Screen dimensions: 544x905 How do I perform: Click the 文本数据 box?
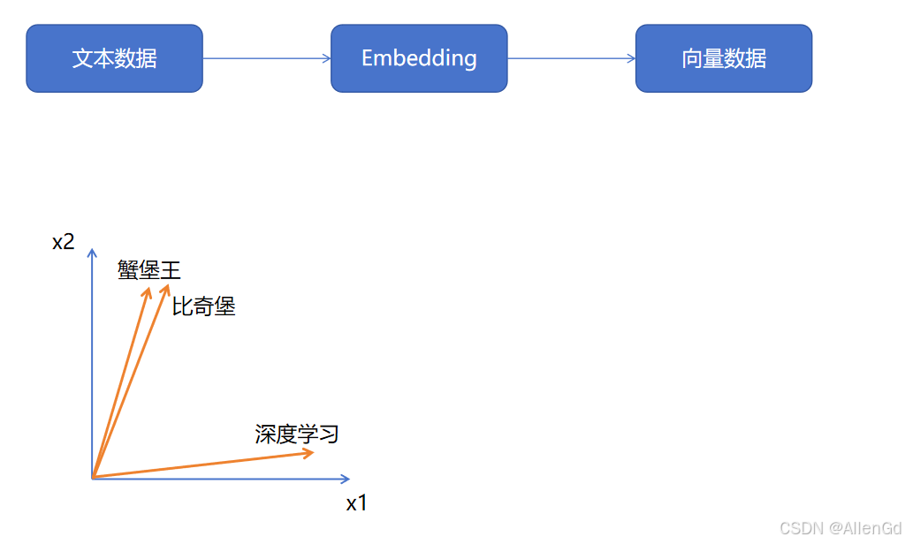coord(114,58)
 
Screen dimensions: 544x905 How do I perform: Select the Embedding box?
coord(419,58)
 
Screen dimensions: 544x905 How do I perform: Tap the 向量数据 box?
coord(723,58)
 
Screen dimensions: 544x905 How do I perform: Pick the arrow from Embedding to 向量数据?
coord(571,58)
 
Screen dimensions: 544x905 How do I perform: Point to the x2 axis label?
coord(63,242)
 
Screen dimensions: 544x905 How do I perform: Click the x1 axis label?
coord(356,504)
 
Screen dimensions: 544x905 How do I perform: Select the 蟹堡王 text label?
coord(148,270)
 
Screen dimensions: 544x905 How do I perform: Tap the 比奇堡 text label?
coord(203,307)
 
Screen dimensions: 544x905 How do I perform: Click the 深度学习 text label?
coord(297,434)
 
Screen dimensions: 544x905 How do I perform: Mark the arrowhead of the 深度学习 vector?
coord(309,453)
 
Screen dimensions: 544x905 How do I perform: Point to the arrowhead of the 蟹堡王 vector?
coord(148,291)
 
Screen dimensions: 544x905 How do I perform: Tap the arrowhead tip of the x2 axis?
coord(92,251)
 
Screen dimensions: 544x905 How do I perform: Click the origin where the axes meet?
coord(92,478)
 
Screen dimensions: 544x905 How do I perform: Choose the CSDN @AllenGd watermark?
coord(840,527)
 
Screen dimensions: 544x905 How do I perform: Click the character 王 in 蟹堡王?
coord(170,270)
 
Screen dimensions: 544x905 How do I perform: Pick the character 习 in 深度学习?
coord(329,434)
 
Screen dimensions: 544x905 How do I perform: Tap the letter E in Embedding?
coord(368,58)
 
